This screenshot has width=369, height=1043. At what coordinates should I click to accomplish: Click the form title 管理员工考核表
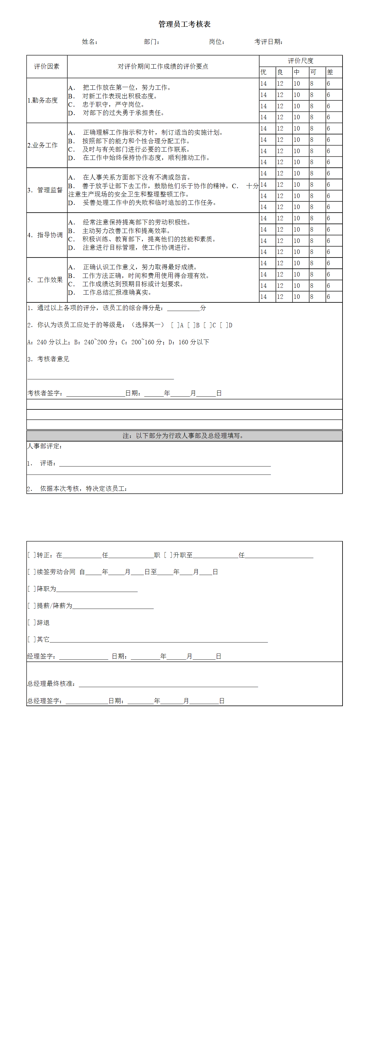click(x=184, y=24)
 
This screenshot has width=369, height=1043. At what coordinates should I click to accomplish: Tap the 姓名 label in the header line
click(x=89, y=42)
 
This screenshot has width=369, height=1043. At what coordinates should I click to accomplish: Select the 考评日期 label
click(x=268, y=42)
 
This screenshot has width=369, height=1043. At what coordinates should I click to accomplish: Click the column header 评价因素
click(x=47, y=66)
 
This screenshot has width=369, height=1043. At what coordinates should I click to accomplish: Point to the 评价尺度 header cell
click(x=301, y=61)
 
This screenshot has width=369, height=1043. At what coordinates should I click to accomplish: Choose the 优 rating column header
click(x=264, y=72)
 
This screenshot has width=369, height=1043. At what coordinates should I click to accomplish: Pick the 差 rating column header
click(x=330, y=72)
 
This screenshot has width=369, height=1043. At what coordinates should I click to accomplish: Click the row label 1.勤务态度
click(x=43, y=100)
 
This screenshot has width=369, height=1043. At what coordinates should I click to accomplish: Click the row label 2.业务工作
click(x=43, y=145)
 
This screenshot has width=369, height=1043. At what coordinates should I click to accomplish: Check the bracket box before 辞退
click(x=31, y=622)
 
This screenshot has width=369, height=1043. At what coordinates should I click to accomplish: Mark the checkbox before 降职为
click(x=31, y=589)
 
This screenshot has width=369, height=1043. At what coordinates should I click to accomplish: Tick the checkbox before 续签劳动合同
click(x=31, y=572)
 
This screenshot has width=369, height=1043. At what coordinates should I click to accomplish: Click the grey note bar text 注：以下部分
click(x=184, y=436)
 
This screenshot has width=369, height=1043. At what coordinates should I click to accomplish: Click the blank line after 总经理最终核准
click(x=168, y=684)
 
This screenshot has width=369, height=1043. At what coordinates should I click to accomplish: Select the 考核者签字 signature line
click(x=95, y=393)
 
